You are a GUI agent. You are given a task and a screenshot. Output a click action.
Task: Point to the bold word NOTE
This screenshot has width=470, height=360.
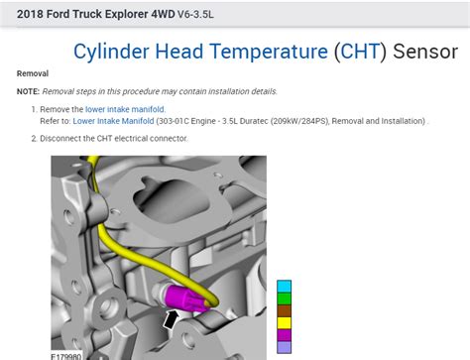click(x=31, y=90)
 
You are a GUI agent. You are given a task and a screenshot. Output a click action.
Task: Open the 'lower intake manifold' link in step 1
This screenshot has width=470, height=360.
click(x=125, y=108)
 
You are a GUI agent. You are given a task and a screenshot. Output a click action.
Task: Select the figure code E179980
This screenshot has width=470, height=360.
click(x=67, y=355)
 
